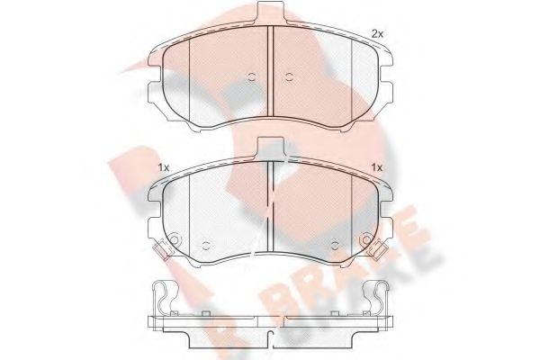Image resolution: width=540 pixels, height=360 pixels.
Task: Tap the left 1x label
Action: click(164, 167)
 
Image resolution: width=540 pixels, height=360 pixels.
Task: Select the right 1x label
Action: click(377, 167)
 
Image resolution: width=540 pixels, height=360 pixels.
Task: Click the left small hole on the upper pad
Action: click(252, 76)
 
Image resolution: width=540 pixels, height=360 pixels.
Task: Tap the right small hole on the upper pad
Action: click(289, 76)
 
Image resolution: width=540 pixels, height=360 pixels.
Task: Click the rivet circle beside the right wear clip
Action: click(365, 240)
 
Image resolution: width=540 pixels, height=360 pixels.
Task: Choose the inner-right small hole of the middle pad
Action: click(335, 244)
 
